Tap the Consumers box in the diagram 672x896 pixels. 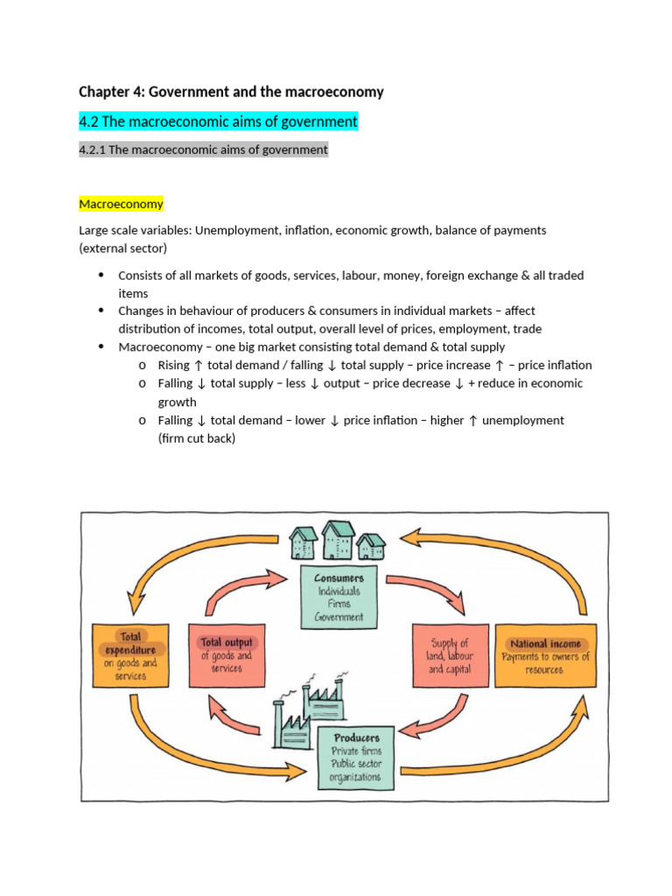click(339, 598)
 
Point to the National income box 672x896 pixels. click(546, 655)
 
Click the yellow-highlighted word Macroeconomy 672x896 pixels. click(121, 204)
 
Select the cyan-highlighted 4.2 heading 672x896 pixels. click(219, 121)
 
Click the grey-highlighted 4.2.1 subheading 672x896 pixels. click(203, 150)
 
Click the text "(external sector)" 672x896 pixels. click(123, 248)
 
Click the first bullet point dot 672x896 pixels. click(100, 275)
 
